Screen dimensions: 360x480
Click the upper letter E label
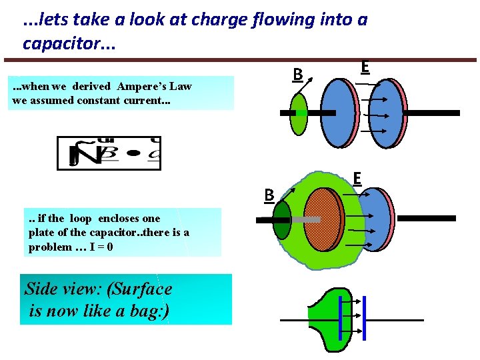[365, 67]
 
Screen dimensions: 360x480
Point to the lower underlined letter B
[269, 195]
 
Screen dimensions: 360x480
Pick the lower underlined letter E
[357, 179]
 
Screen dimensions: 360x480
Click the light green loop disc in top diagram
[299, 113]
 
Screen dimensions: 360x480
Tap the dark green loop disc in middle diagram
[282, 219]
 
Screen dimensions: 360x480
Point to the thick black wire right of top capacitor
[433, 113]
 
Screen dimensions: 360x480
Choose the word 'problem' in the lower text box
[50, 247]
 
